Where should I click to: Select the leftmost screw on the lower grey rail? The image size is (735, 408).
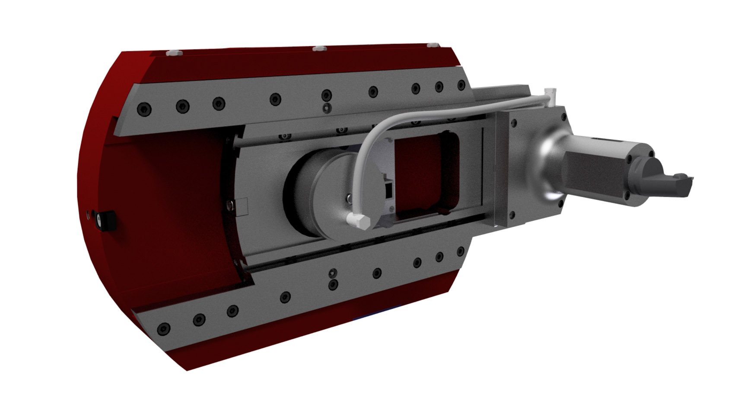163,329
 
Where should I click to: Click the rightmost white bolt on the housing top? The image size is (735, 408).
430,45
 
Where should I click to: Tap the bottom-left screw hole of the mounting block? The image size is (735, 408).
512,215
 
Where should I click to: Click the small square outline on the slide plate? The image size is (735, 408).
241,207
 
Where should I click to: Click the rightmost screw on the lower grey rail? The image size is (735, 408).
460,251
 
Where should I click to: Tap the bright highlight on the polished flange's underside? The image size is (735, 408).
552,197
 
